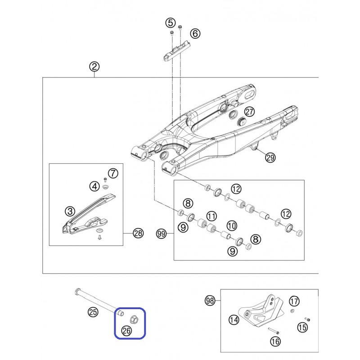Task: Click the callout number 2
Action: tap(94, 67)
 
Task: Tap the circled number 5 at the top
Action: tap(171, 23)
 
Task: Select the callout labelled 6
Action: tap(195, 33)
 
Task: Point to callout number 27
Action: tap(250, 112)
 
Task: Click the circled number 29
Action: tap(270, 157)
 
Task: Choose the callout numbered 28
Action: tap(138, 233)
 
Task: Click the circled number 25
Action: tap(93, 312)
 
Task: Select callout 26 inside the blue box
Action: tap(126, 331)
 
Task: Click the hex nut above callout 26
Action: tap(133, 319)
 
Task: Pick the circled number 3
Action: tap(70, 211)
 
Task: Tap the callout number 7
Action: tap(113, 173)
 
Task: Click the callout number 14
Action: tap(234, 319)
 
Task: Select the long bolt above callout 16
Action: tap(274, 331)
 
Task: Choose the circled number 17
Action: tap(294, 301)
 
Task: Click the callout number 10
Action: tap(232, 226)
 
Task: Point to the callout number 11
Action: tap(211, 216)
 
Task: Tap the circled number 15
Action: tap(302, 327)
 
